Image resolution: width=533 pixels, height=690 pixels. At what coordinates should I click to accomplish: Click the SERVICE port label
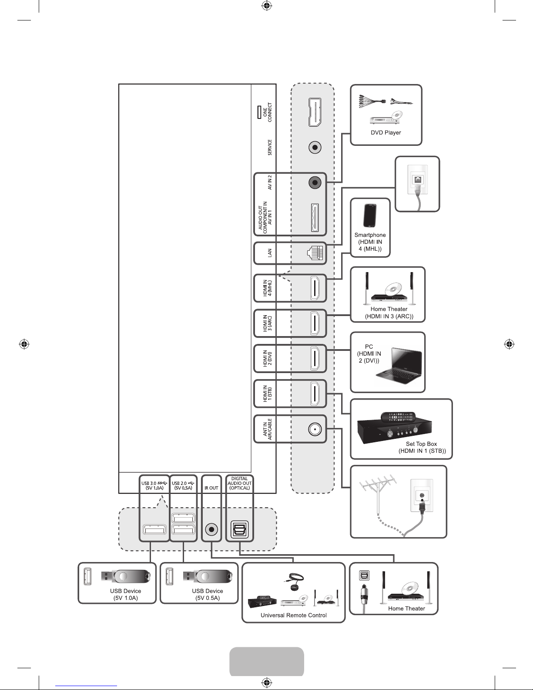(270, 147)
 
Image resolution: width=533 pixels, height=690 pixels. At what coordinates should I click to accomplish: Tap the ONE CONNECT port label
(268, 112)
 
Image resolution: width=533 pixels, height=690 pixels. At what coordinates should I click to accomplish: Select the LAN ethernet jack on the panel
(315, 253)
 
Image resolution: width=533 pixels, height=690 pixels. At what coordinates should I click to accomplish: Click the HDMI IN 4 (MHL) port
(315, 288)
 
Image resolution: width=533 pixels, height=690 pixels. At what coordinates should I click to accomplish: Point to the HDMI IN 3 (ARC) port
(315, 323)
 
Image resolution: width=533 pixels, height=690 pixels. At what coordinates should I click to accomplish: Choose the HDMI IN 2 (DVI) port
(315, 358)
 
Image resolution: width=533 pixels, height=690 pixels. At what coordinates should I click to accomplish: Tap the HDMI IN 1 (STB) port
(315, 394)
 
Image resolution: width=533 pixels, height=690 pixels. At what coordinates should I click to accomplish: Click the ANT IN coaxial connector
(315, 429)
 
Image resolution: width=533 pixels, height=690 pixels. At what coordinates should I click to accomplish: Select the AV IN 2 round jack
(315, 182)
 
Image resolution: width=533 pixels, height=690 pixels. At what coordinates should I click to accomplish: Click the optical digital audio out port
(240, 529)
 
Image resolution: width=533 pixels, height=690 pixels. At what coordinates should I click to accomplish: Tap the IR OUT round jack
(211, 529)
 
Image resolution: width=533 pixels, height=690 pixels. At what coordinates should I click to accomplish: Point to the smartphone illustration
(370, 215)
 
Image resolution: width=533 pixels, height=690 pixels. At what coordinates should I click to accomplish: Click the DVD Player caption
(386, 133)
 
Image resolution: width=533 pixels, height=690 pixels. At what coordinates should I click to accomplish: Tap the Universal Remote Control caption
(293, 615)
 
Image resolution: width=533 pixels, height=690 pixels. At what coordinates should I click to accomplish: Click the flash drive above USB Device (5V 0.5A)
(208, 576)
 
